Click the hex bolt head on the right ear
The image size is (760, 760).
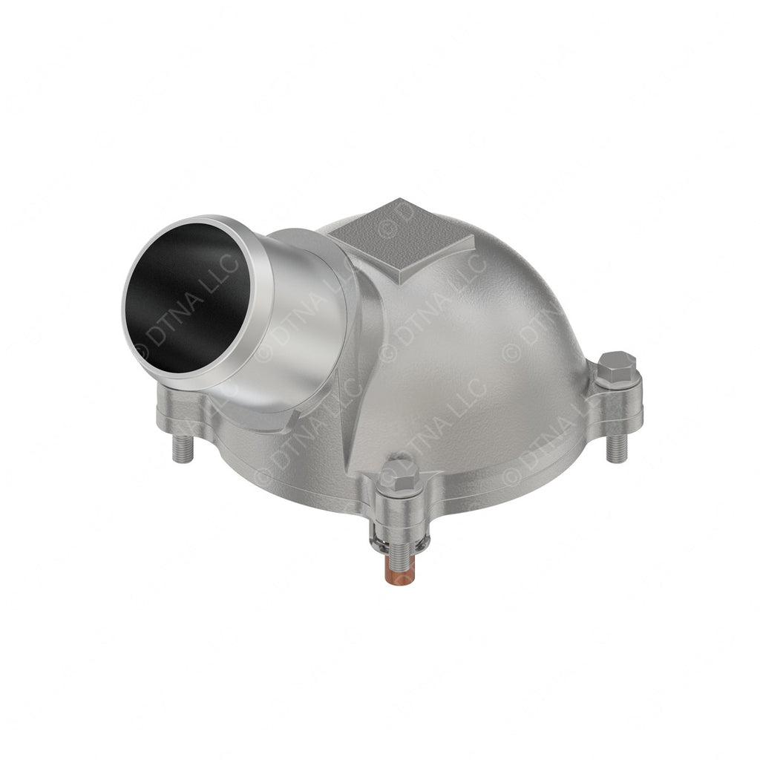(617, 367)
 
